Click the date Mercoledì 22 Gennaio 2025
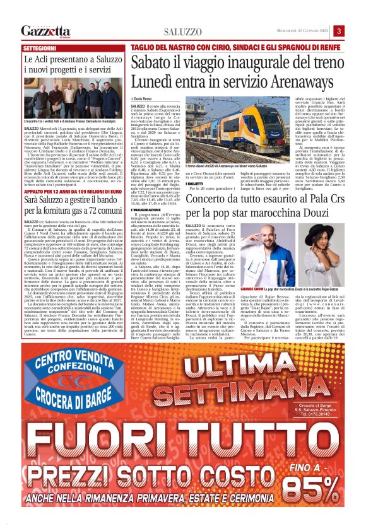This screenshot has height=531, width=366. pyautogui.click(x=299, y=31)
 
